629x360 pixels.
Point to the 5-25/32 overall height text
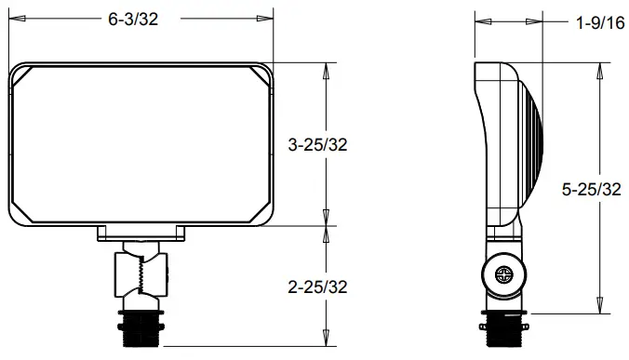click(x=592, y=190)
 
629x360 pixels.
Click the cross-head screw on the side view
click(x=505, y=275)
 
